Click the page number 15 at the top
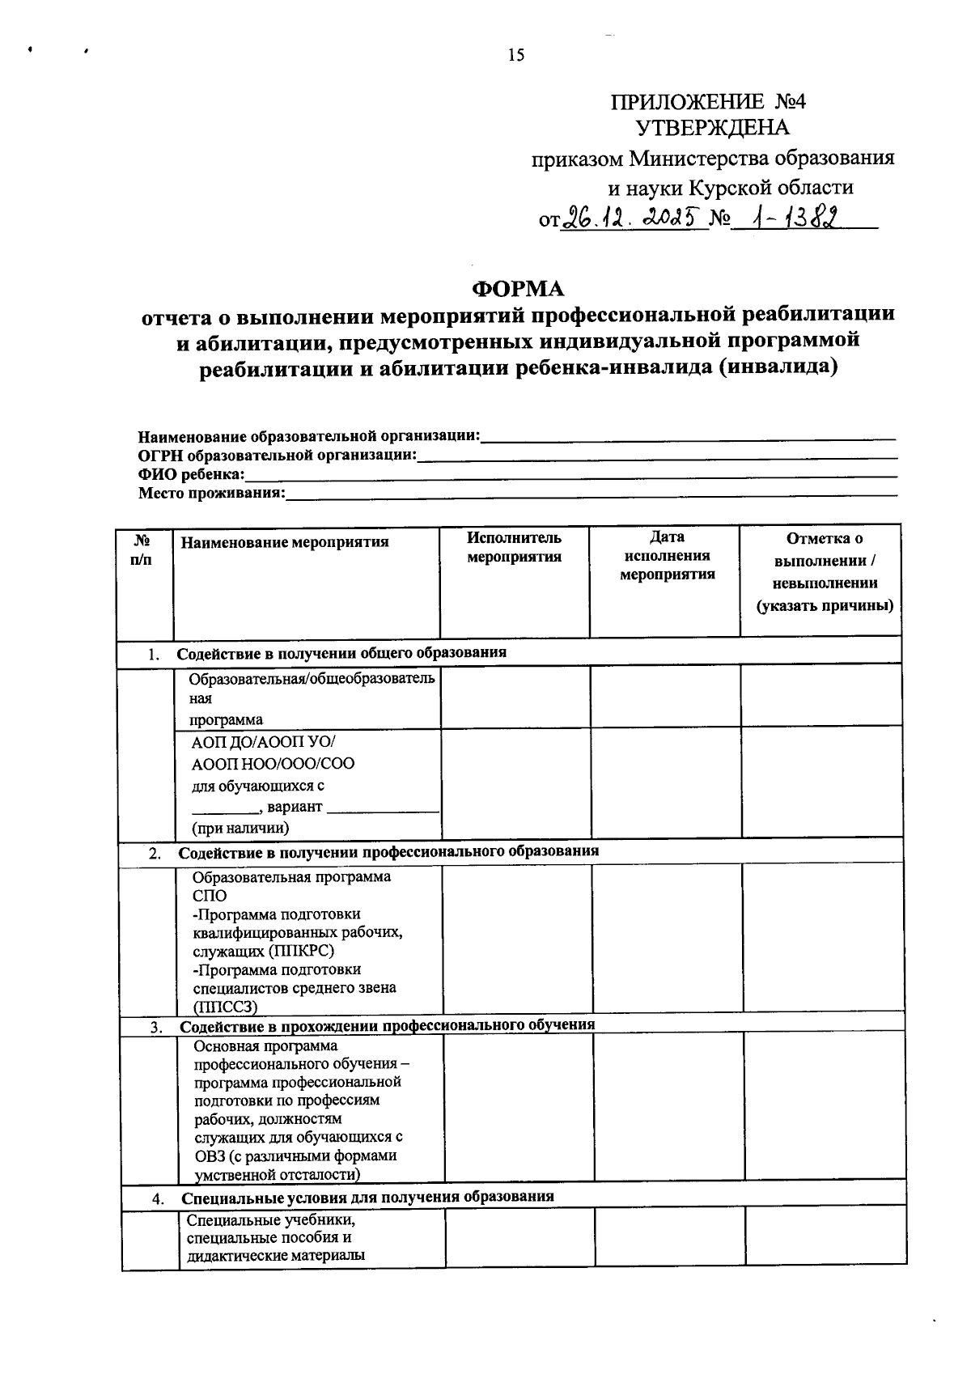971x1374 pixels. click(515, 55)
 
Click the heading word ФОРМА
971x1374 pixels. click(518, 288)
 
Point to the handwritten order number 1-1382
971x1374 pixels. click(791, 216)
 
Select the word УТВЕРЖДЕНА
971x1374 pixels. click(712, 128)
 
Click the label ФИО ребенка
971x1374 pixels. click(191, 475)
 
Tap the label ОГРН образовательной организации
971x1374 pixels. click(277, 456)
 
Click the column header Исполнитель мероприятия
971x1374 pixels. click(514, 547)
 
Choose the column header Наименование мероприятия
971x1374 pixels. click(284, 542)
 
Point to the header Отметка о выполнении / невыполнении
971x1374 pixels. click(824, 571)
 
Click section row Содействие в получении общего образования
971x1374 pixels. click(341, 653)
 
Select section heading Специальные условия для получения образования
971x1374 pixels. click(367, 1197)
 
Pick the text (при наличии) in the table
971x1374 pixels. click(240, 828)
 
